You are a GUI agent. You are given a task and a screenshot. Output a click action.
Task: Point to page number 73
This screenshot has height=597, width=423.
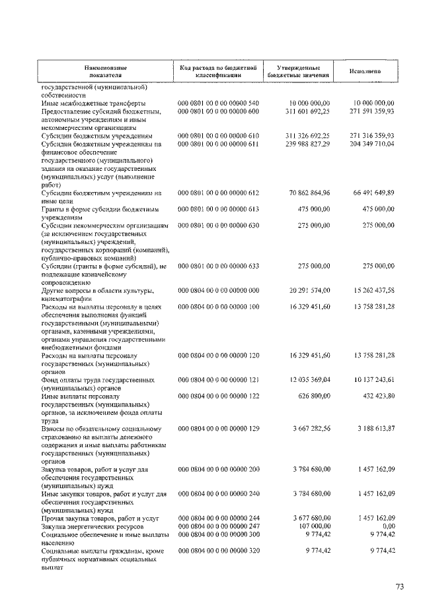click(399, 586)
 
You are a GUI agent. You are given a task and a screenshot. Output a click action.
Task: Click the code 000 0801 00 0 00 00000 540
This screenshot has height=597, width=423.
click(218, 104)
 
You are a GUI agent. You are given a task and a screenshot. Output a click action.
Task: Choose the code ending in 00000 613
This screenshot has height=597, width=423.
click(218, 209)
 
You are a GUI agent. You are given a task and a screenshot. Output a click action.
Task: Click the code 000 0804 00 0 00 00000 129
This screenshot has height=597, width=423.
click(218, 429)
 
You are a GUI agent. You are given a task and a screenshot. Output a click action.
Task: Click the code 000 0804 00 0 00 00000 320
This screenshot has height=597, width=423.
click(218, 550)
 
